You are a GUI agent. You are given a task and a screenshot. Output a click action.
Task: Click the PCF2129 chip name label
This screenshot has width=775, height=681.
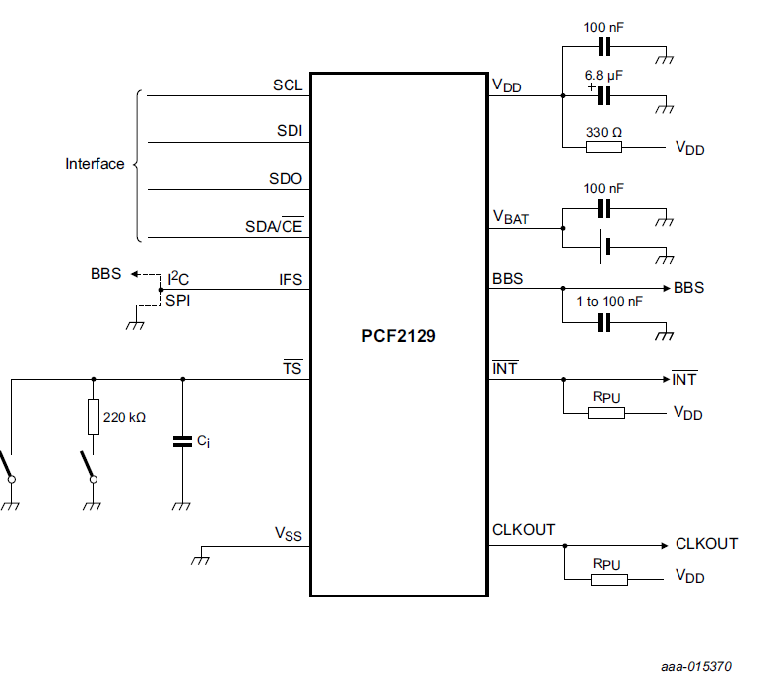coord(398,336)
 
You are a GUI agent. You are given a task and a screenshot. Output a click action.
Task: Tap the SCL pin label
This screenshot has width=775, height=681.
coord(288,85)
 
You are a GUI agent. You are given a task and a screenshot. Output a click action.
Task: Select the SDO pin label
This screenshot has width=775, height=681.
coord(286,179)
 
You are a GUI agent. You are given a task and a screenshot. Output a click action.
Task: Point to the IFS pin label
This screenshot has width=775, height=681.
coord(290,279)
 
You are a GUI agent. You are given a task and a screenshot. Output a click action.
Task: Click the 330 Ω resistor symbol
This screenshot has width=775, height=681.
coord(603,148)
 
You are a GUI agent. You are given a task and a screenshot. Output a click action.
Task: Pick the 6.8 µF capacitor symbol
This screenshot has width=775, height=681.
coord(603,96)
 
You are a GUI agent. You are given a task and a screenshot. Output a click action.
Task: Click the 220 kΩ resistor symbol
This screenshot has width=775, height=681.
coord(94,417)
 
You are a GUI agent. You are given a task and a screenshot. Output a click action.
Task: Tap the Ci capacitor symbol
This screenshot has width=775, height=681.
coord(182,440)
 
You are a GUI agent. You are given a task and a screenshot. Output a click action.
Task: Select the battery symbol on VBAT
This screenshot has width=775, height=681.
coord(603,246)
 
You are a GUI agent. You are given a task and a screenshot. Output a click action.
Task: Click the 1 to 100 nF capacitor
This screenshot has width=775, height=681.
coord(603,321)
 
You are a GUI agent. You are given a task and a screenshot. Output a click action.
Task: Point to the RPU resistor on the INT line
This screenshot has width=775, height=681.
coord(605,411)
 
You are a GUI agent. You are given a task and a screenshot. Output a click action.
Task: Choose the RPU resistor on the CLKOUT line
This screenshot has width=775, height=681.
coord(608,578)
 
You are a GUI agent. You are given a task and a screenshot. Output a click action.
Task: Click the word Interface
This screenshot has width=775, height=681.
coord(95,164)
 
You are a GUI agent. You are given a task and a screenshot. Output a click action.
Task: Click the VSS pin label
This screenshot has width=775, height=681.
coord(289,534)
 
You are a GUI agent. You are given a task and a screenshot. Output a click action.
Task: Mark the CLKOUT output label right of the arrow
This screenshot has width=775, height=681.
coord(706,544)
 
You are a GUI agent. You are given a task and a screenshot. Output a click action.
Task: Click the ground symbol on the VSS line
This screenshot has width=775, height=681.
coord(200,557)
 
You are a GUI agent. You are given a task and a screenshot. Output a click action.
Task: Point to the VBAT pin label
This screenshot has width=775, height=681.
coord(511,217)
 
